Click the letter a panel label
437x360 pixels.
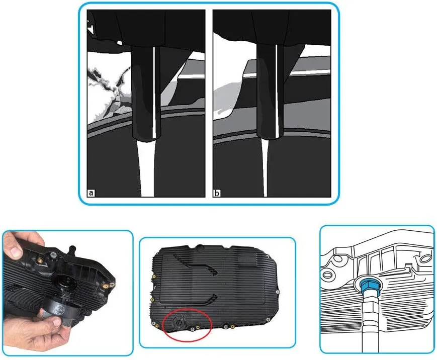tap(91, 193)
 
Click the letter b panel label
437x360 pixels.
tap(217, 193)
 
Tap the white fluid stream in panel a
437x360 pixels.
tap(147, 168)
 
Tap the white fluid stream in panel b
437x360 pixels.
tap(265, 168)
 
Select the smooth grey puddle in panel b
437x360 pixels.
tap(228, 100)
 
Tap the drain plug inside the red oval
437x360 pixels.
tap(178, 323)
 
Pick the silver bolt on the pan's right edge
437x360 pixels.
tap(278, 292)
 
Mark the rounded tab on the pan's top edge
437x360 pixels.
tap(201, 247)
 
